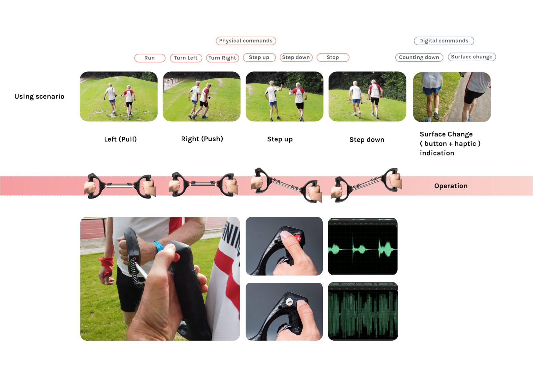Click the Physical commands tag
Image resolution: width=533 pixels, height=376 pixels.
coord(246,41)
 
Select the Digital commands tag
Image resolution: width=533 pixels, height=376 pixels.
coord(444,41)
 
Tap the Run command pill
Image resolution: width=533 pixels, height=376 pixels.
coord(150,58)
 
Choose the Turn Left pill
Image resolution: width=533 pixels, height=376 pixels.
coord(186,58)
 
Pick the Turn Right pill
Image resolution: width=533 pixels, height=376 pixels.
coord(222,58)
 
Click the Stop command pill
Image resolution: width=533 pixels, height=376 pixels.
coord(333,58)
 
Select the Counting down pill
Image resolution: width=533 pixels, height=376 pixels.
coord(419,58)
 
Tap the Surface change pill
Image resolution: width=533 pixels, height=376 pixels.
coord(472,57)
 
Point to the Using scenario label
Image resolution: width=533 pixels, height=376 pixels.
coord(39,96)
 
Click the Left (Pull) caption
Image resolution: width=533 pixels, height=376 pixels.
coord(120,139)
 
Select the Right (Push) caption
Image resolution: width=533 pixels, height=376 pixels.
coord(202,139)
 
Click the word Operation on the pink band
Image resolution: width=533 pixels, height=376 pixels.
coord(451,186)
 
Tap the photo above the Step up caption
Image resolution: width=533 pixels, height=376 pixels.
coord(284,96)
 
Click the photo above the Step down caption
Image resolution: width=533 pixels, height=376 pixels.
coord(367,96)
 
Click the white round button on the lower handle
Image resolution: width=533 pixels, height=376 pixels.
coord(290,302)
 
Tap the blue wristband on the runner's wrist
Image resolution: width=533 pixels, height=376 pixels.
coord(158,246)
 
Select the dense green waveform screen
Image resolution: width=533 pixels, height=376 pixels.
coord(363,312)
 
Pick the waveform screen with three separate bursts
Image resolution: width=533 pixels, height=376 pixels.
coord(363,246)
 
